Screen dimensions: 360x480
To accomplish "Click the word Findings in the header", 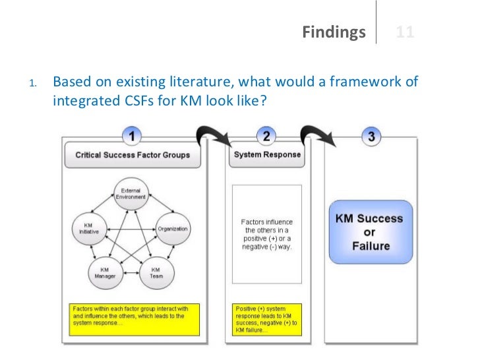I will pyautogui.click(x=334, y=32).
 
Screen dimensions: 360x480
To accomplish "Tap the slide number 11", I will pyautogui.click(x=405, y=32).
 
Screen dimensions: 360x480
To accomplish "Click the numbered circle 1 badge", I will pyautogui.click(x=133, y=136).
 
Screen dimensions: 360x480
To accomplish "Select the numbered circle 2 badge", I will pyautogui.click(x=266, y=136).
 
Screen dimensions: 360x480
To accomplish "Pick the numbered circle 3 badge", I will pyautogui.click(x=372, y=136).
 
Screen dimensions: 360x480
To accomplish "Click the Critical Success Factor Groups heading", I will pyautogui.click(x=133, y=156).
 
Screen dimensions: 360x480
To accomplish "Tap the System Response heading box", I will pyautogui.click(x=267, y=155).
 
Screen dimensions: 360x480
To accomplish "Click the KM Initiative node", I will pyautogui.click(x=86, y=229).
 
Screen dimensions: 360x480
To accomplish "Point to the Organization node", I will pyautogui.click(x=173, y=229).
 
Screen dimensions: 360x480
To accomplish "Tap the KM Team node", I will pyautogui.click(x=157, y=272).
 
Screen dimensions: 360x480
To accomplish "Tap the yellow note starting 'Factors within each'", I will pyautogui.click(x=132, y=318).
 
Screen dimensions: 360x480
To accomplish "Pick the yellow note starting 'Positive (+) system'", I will pyautogui.click(x=267, y=318).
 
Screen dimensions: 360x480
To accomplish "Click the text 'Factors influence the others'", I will pyautogui.click(x=268, y=234).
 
